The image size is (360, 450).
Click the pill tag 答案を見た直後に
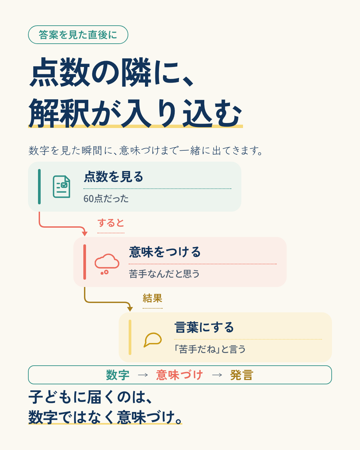pos(78,35)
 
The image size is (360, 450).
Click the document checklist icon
pos(61,187)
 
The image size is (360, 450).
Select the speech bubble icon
pos(152,340)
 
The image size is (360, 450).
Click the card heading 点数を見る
pos(113,177)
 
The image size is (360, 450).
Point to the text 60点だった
pos(106,199)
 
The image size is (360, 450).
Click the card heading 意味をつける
pos(165,252)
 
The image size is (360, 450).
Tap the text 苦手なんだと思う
pos(164,274)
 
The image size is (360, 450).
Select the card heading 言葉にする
pos(204,327)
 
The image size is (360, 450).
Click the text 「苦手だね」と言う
pos(210,349)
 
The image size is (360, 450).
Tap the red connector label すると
pos(111,223)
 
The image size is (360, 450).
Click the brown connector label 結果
pos(152,298)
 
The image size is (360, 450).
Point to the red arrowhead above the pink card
pos(85,234)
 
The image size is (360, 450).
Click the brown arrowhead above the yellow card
pos(130,309)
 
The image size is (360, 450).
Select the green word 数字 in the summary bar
pos(118,375)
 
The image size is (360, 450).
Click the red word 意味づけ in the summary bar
pos(179,375)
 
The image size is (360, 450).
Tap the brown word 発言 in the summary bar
pos(242,375)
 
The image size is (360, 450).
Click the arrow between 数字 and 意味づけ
pos(143,375)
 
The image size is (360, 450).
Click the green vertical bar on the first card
pos(39,187)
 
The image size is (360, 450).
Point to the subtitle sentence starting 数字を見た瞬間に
pos(145,151)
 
